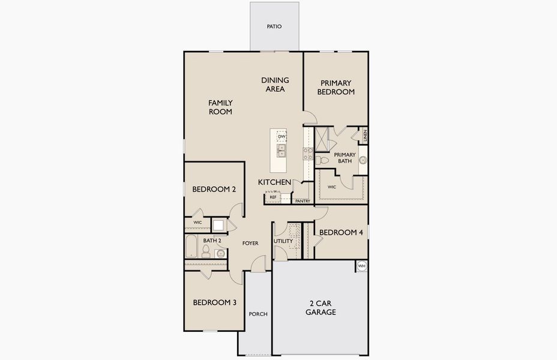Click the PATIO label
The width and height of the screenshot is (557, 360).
[x=274, y=26]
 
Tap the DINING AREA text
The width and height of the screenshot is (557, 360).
[x=275, y=85]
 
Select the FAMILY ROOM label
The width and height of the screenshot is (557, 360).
[x=220, y=107]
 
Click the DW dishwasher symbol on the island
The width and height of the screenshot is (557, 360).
[x=282, y=136]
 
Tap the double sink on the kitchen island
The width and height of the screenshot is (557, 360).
[x=281, y=149]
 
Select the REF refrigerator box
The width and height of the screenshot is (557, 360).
[x=272, y=197]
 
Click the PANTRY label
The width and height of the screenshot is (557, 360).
[x=303, y=201]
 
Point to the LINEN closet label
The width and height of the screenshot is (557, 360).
[x=364, y=136]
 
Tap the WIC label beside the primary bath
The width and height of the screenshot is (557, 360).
[x=331, y=187]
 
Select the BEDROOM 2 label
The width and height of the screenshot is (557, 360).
[x=214, y=190]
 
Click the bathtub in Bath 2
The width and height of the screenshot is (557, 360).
[x=191, y=247]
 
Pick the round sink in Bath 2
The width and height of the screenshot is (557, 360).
[x=220, y=254]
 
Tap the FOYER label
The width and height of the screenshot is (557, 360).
[x=250, y=243]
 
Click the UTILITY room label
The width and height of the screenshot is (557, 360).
[x=283, y=241]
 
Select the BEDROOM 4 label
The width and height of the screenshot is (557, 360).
[x=341, y=232]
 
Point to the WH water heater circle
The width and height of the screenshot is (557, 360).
[x=361, y=266]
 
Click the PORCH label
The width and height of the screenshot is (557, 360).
[x=258, y=314]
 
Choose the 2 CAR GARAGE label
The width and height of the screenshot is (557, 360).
[x=321, y=308]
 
